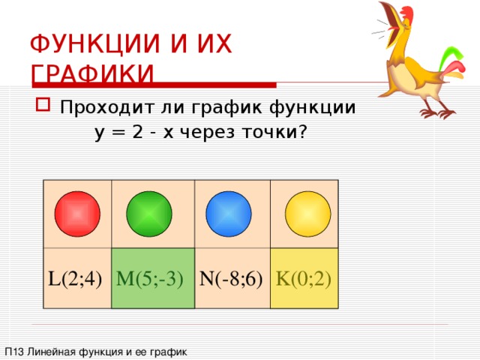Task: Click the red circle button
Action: point(77,214)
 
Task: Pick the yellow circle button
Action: point(307,214)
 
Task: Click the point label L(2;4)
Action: point(75,280)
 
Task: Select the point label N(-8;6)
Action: point(231,280)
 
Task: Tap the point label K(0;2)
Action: point(304,280)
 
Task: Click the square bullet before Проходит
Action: point(42,106)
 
